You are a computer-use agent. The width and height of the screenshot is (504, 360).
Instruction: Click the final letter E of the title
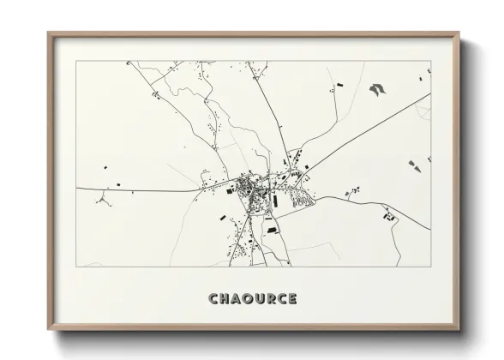click(294, 299)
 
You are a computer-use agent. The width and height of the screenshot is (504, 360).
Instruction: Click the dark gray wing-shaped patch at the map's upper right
click(376, 87)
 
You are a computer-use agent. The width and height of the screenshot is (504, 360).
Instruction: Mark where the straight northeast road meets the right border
click(430, 94)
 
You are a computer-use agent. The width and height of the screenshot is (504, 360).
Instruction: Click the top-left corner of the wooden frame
click(48, 33)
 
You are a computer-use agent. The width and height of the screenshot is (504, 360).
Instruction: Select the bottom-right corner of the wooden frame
click(459, 329)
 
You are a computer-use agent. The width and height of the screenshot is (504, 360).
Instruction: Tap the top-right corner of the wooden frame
click(459, 33)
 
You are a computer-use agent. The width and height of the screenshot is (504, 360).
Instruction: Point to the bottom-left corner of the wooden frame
click(48, 329)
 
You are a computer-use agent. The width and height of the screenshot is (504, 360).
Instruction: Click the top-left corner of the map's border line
click(77, 61)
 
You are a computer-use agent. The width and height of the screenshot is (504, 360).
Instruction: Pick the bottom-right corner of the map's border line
click(430, 267)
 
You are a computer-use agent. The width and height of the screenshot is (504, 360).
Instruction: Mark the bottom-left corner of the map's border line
click(77, 267)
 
